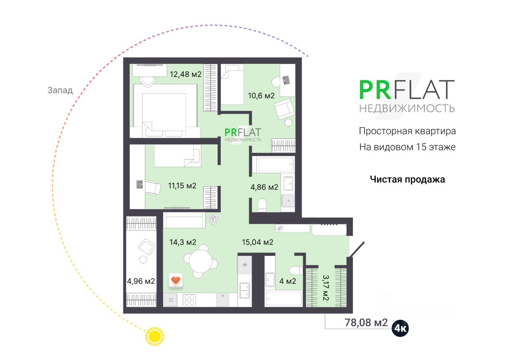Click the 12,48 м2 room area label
(186, 74)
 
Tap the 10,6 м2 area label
(261, 95)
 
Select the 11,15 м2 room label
(182, 186)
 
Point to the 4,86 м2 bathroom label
(264, 187)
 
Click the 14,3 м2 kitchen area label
(183, 242)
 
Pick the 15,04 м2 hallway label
(257, 242)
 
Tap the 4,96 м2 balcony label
(141, 281)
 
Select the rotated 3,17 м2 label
(325, 288)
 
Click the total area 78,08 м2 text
(366, 322)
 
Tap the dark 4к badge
(400, 328)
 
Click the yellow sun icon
(154, 336)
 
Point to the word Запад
(60, 90)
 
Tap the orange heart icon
(176, 280)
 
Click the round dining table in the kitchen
(200, 261)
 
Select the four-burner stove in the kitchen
(189, 300)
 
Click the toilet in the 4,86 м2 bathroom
(261, 205)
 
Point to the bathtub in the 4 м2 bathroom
(283, 299)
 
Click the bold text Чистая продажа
(407, 179)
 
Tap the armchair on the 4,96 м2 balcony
(146, 247)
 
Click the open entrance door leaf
(357, 249)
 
